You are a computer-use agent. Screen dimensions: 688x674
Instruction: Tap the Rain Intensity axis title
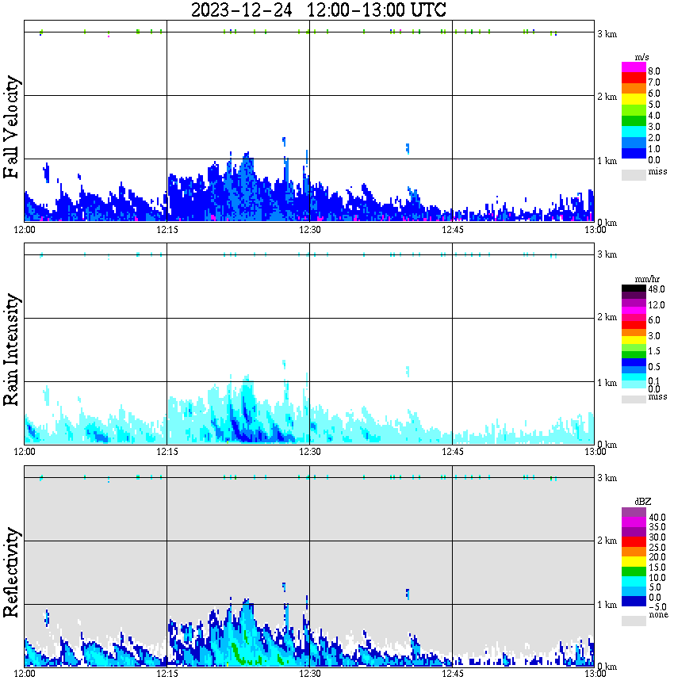coord(12,350)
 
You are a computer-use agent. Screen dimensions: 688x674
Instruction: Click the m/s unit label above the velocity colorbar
coord(642,58)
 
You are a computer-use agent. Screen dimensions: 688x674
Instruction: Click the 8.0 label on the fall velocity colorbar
coord(654,71)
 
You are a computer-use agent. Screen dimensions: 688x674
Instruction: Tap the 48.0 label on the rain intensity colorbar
coord(656,291)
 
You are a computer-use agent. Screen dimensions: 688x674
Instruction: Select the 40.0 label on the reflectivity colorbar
coord(656,517)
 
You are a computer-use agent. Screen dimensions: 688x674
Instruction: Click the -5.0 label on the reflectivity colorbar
coord(656,606)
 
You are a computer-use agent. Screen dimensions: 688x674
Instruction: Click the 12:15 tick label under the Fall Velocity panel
coord(167,230)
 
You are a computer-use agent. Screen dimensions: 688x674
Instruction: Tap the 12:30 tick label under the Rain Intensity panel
coord(309,452)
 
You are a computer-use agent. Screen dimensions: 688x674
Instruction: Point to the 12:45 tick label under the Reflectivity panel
coord(452,675)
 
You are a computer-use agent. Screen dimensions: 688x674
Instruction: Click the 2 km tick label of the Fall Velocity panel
coord(607,97)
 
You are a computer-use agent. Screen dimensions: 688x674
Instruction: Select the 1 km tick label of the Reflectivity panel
coord(607,605)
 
